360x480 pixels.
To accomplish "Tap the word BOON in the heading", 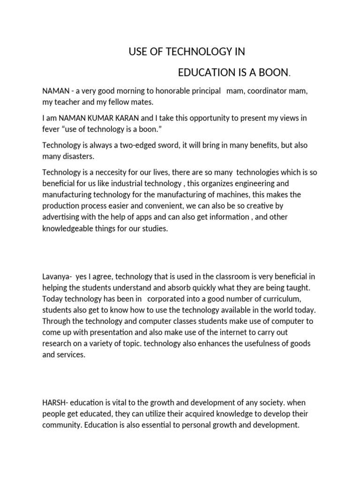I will (276, 73).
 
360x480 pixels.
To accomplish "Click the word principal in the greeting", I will (205, 91).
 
